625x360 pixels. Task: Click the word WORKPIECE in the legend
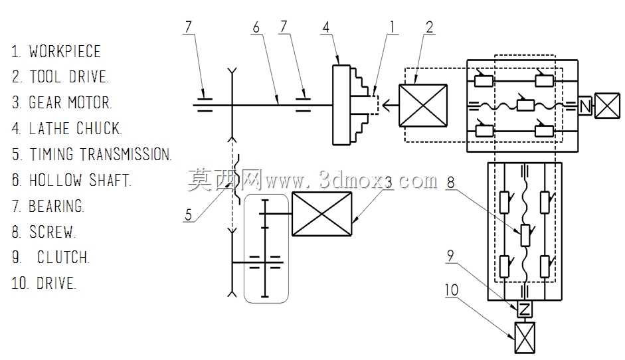click(64, 51)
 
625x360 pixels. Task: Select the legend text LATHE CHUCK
click(75, 129)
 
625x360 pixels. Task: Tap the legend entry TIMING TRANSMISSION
click(100, 154)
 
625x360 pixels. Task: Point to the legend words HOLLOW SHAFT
click(80, 180)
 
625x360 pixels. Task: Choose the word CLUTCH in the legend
click(63, 257)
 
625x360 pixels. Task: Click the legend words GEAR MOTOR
click(70, 103)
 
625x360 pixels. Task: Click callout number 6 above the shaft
click(256, 27)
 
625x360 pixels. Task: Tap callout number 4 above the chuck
click(326, 27)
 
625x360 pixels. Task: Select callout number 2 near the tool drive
click(429, 27)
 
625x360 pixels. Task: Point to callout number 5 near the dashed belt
click(188, 215)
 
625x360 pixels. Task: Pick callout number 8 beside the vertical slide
click(450, 183)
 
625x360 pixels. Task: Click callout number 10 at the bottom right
click(452, 290)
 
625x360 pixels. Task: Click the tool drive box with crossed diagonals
click(423, 106)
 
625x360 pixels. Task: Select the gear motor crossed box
click(321, 214)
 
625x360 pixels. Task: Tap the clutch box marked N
click(584, 106)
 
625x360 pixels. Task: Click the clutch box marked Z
click(525, 310)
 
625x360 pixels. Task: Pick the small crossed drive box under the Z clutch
click(525, 337)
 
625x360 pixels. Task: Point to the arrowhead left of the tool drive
click(387, 106)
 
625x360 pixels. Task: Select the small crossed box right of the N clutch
click(608, 106)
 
